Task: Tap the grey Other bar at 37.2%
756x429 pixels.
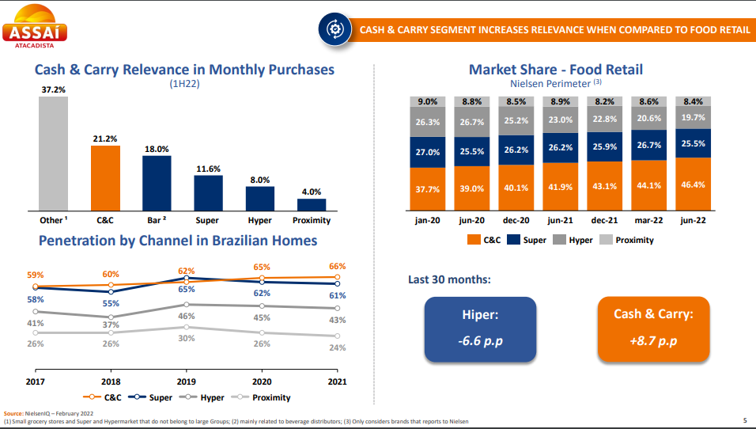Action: coord(54,154)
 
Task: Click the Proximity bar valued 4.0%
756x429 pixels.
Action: coord(311,204)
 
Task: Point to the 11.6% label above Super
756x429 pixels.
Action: coord(209,169)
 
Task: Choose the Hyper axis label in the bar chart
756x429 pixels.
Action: coord(259,221)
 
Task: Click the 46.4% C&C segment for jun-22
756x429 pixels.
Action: coord(693,184)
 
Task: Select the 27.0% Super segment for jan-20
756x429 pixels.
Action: coord(428,151)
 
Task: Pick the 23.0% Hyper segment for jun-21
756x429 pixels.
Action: coord(561,120)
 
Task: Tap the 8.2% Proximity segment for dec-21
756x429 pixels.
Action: coord(604,101)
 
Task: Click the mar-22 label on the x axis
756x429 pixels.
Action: coord(648,221)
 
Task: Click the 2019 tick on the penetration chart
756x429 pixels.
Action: coord(186,382)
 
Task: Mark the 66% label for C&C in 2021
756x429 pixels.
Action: coord(338,267)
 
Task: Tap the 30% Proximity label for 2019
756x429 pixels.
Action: coord(186,339)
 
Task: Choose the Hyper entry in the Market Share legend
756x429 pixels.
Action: coord(574,240)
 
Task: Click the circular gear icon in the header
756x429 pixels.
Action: coord(334,29)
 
